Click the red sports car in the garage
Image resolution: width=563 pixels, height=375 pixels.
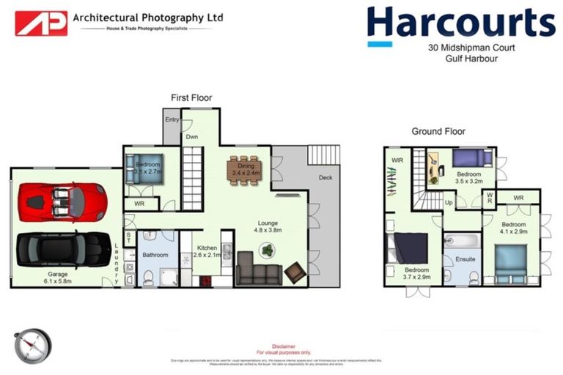(63, 201)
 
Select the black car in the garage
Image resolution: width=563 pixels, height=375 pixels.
(63, 249)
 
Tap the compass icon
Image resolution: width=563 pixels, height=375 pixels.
(33, 346)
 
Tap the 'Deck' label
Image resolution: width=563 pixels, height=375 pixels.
(325, 178)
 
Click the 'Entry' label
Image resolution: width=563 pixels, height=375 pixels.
(172, 120)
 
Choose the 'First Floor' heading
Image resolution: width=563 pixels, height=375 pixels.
(191, 97)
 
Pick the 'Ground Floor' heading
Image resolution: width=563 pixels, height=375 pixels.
(438, 132)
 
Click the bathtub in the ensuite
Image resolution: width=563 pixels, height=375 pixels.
(462, 242)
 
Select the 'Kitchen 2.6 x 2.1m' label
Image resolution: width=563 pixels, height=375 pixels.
(207, 253)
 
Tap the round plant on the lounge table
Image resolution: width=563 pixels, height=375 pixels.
(267, 250)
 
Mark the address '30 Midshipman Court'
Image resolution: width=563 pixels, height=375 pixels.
(464, 48)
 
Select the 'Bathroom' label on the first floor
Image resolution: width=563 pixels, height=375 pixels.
(155, 255)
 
